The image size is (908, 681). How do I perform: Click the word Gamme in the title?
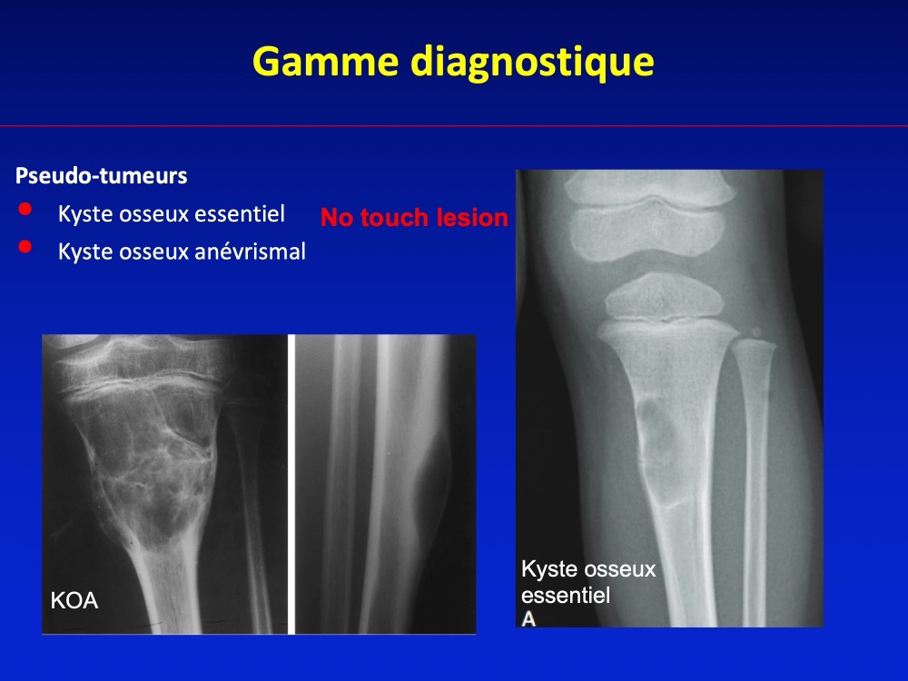[x=325, y=62]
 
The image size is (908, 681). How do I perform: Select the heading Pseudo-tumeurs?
[x=102, y=175]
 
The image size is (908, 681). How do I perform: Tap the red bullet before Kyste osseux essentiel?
[x=25, y=209]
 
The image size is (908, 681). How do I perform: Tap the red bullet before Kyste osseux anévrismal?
[x=25, y=247]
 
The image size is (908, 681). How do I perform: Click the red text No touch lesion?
[x=414, y=218]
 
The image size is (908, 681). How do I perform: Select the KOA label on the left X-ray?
[x=74, y=600]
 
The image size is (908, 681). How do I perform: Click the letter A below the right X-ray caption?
[x=528, y=619]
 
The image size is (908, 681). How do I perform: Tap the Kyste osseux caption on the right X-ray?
[x=588, y=569]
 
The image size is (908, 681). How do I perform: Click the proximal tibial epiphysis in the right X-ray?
[x=664, y=297]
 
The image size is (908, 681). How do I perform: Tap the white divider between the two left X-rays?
[x=291, y=484]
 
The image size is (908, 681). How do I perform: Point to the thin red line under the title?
[x=454, y=125]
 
